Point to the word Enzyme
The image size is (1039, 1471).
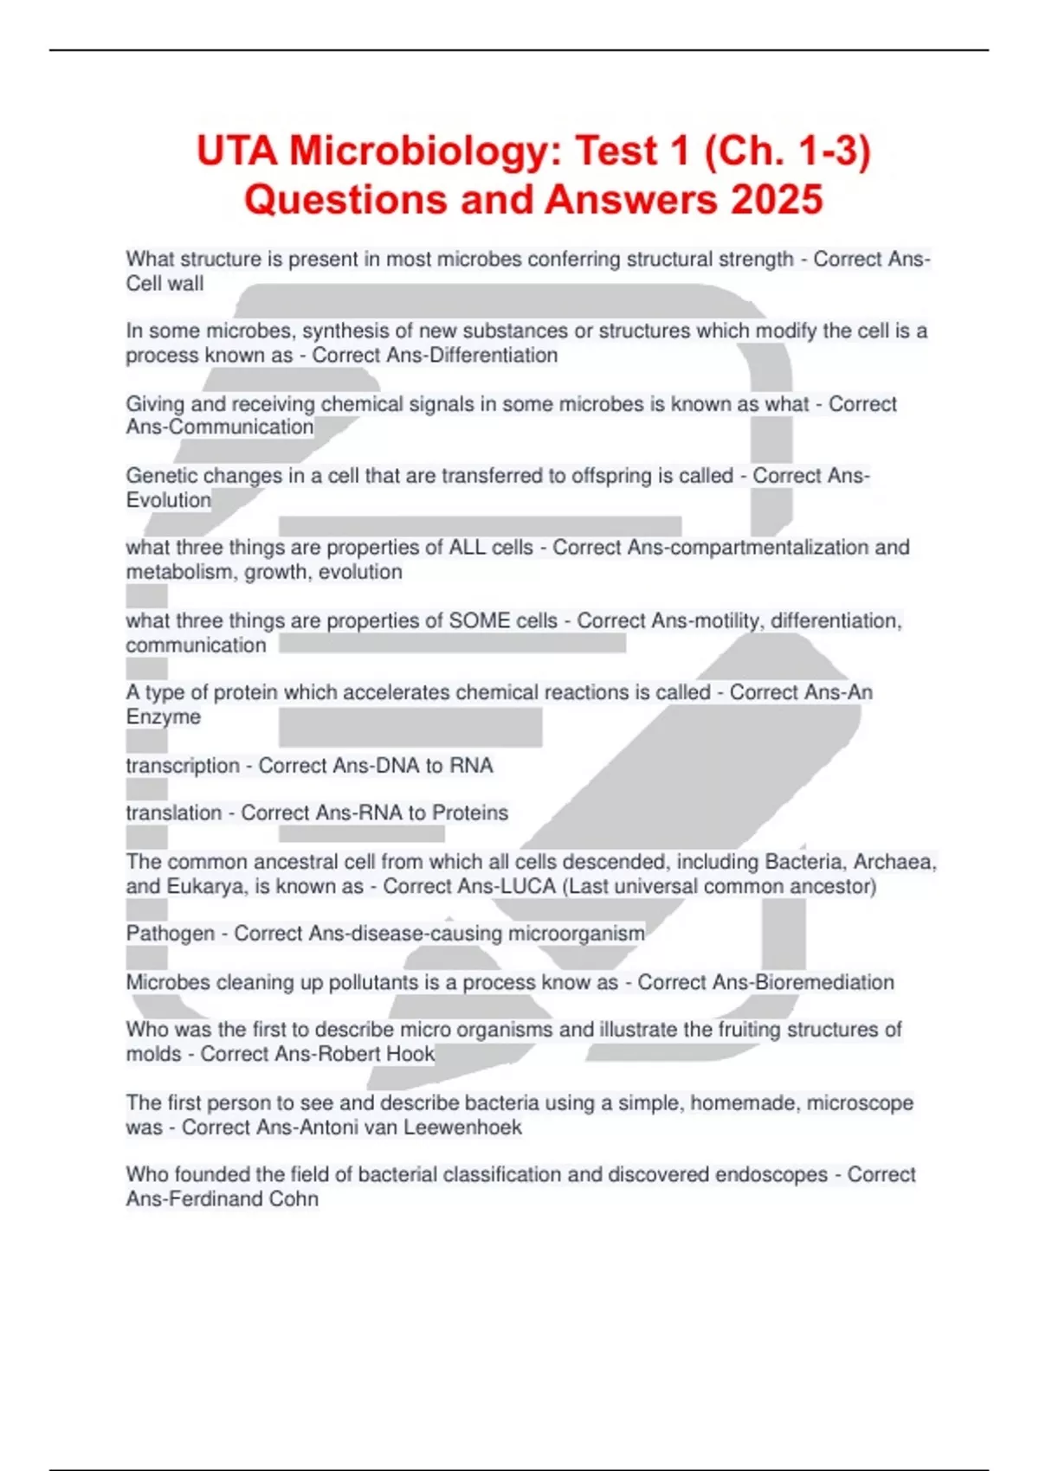pyautogui.click(x=164, y=716)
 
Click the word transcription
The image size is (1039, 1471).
pyautogui.click(x=183, y=765)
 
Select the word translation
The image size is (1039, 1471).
pyautogui.click(x=174, y=813)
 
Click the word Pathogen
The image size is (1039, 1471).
pyautogui.click(x=171, y=933)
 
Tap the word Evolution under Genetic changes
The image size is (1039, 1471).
pyautogui.click(x=169, y=499)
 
